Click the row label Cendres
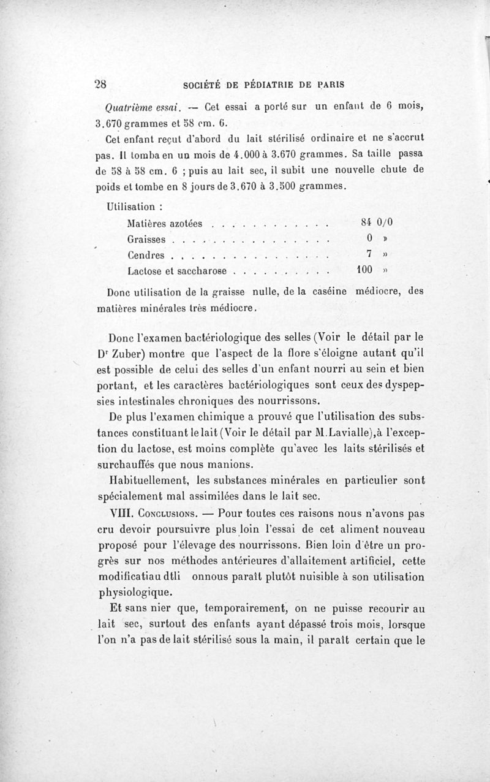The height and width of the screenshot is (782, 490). [x=146, y=254]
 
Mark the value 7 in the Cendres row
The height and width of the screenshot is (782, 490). [x=361, y=254]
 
